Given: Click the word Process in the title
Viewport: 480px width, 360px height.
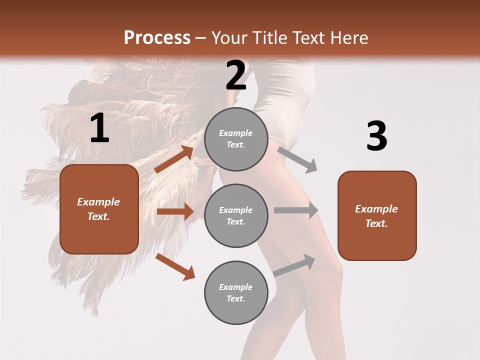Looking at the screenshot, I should click(157, 38).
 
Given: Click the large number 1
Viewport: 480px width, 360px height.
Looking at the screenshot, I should click(99, 128).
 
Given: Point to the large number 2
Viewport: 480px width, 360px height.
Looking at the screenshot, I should click(236, 75).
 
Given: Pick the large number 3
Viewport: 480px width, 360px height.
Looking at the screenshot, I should click(376, 136).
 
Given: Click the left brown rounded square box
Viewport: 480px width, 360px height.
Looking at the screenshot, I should click(99, 209).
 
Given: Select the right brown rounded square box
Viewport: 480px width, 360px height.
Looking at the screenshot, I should click(377, 215).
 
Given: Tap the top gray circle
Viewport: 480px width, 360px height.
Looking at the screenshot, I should click(236, 139).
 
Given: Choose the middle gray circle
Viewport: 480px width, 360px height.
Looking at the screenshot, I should click(236, 215).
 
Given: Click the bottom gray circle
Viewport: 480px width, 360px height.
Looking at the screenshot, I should click(236, 292).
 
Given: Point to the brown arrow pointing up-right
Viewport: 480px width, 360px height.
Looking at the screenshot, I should click(174, 159).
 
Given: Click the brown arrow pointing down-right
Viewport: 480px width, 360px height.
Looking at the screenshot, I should click(175, 266).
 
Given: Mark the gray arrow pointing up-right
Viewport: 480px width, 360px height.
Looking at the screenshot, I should click(294, 265).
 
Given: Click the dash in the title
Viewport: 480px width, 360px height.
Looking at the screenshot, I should click(201, 38).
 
